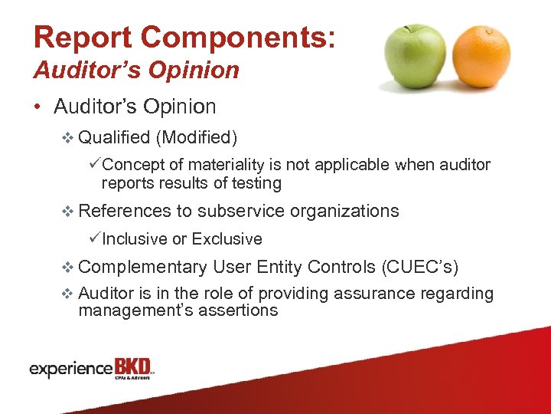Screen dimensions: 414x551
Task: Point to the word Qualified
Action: coord(114,138)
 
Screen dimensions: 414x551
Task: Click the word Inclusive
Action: coord(135,239)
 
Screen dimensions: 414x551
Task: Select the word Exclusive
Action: coord(227,239)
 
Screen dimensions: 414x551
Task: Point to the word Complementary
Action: coord(142,267)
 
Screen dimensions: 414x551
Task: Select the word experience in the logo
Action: coord(71,370)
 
